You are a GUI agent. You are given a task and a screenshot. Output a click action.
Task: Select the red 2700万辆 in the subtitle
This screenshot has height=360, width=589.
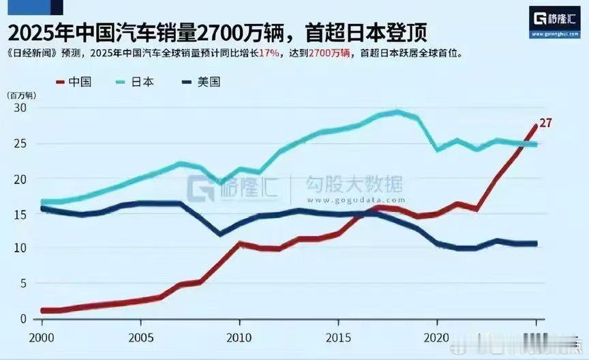(329, 53)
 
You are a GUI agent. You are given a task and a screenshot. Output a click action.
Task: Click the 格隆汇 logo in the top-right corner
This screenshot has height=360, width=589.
(553, 20)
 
